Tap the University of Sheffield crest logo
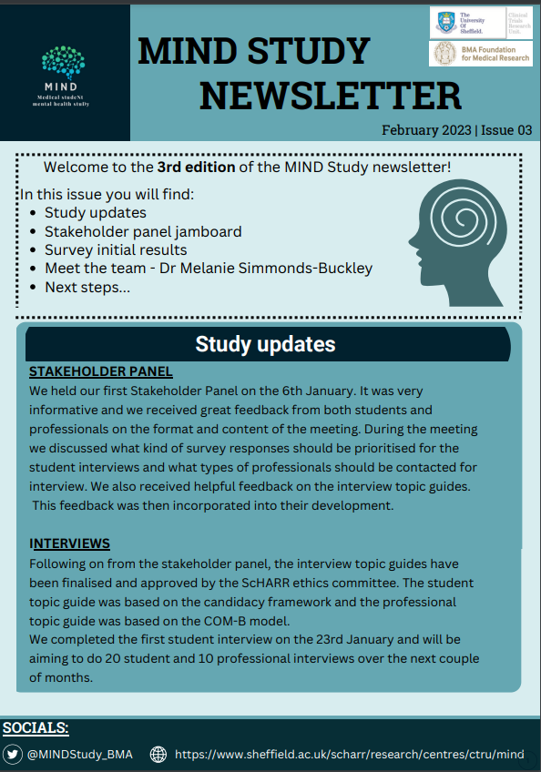pyautogui.click(x=446, y=21)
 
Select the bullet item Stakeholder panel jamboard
pyautogui.click(x=143, y=231)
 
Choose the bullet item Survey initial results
pyautogui.click(x=116, y=249)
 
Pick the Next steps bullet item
pyautogui.click(x=87, y=287)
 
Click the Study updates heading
pyautogui.click(x=265, y=344)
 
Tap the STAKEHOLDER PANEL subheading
pyautogui.click(x=100, y=371)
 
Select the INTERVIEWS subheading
pyautogui.click(x=69, y=543)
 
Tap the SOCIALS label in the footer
pyautogui.click(x=36, y=728)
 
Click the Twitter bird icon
pyautogui.click(x=13, y=754)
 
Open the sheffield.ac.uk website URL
pyautogui.click(x=349, y=754)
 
